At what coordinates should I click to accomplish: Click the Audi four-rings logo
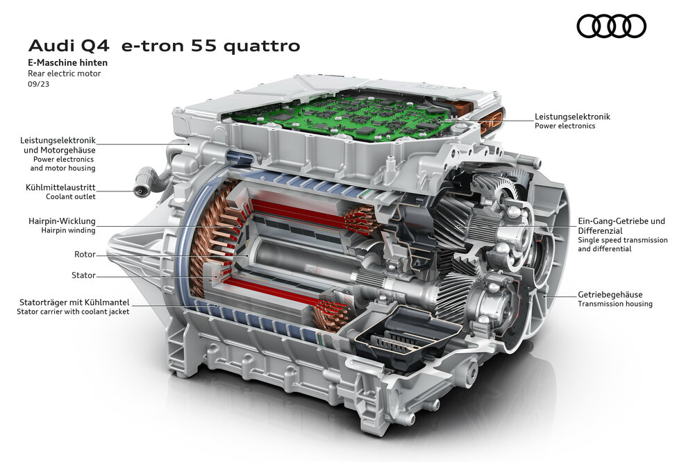click(611, 26)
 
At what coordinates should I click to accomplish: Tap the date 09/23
click(38, 83)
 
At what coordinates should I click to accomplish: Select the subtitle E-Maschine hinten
click(67, 62)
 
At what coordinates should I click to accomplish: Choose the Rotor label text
click(84, 255)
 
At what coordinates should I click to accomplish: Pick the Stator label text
click(83, 275)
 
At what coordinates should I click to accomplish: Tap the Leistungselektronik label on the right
click(572, 117)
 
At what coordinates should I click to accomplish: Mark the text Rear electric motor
click(64, 73)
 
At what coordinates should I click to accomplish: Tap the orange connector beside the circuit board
click(491, 119)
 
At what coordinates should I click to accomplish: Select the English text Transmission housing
click(615, 304)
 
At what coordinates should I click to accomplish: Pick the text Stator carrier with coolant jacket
click(73, 312)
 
